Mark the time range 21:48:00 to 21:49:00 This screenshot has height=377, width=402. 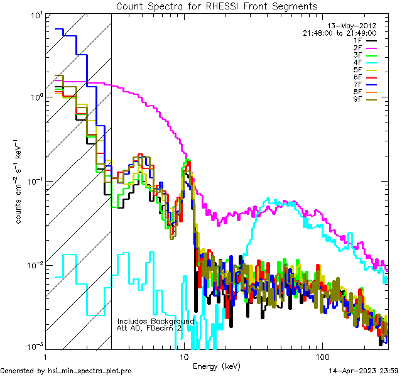[340, 33]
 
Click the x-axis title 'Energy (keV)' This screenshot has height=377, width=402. [217, 366]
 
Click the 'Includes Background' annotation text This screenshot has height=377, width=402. [156, 321]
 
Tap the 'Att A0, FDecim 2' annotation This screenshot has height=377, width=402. [150, 328]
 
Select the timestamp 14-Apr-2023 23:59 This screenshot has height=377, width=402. [364, 371]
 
